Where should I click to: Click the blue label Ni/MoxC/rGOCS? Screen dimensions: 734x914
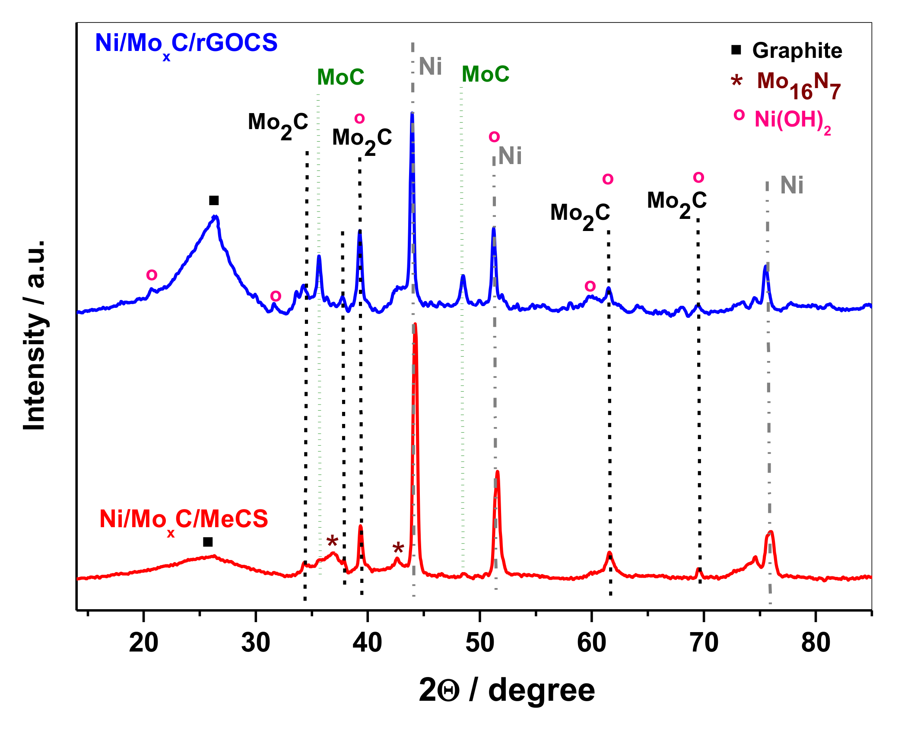tap(186, 43)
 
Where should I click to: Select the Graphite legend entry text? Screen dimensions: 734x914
tap(797, 51)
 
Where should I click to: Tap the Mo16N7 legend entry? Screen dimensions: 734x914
tap(798, 85)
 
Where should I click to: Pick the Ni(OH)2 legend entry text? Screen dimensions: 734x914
tap(792, 120)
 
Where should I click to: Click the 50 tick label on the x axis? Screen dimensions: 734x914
tap(479, 642)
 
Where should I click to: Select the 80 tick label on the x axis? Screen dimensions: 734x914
tap(816, 642)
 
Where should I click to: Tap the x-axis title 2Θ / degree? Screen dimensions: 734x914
tap(506, 690)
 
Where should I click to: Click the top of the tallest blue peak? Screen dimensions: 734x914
tap(412, 114)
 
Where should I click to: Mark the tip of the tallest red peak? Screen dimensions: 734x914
tap(415, 324)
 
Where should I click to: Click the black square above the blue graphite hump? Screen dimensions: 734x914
tap(214, 200)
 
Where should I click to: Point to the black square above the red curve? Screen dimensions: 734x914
tap(208, 542)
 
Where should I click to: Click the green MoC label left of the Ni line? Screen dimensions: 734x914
tap(340, 77)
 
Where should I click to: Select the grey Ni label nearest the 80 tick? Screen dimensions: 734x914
tap(791, 185)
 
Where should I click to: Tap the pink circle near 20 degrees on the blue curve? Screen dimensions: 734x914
tap(152, 275)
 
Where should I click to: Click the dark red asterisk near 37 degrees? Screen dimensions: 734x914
tap(332, 541)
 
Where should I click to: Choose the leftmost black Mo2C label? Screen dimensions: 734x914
tap(278, 124)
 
